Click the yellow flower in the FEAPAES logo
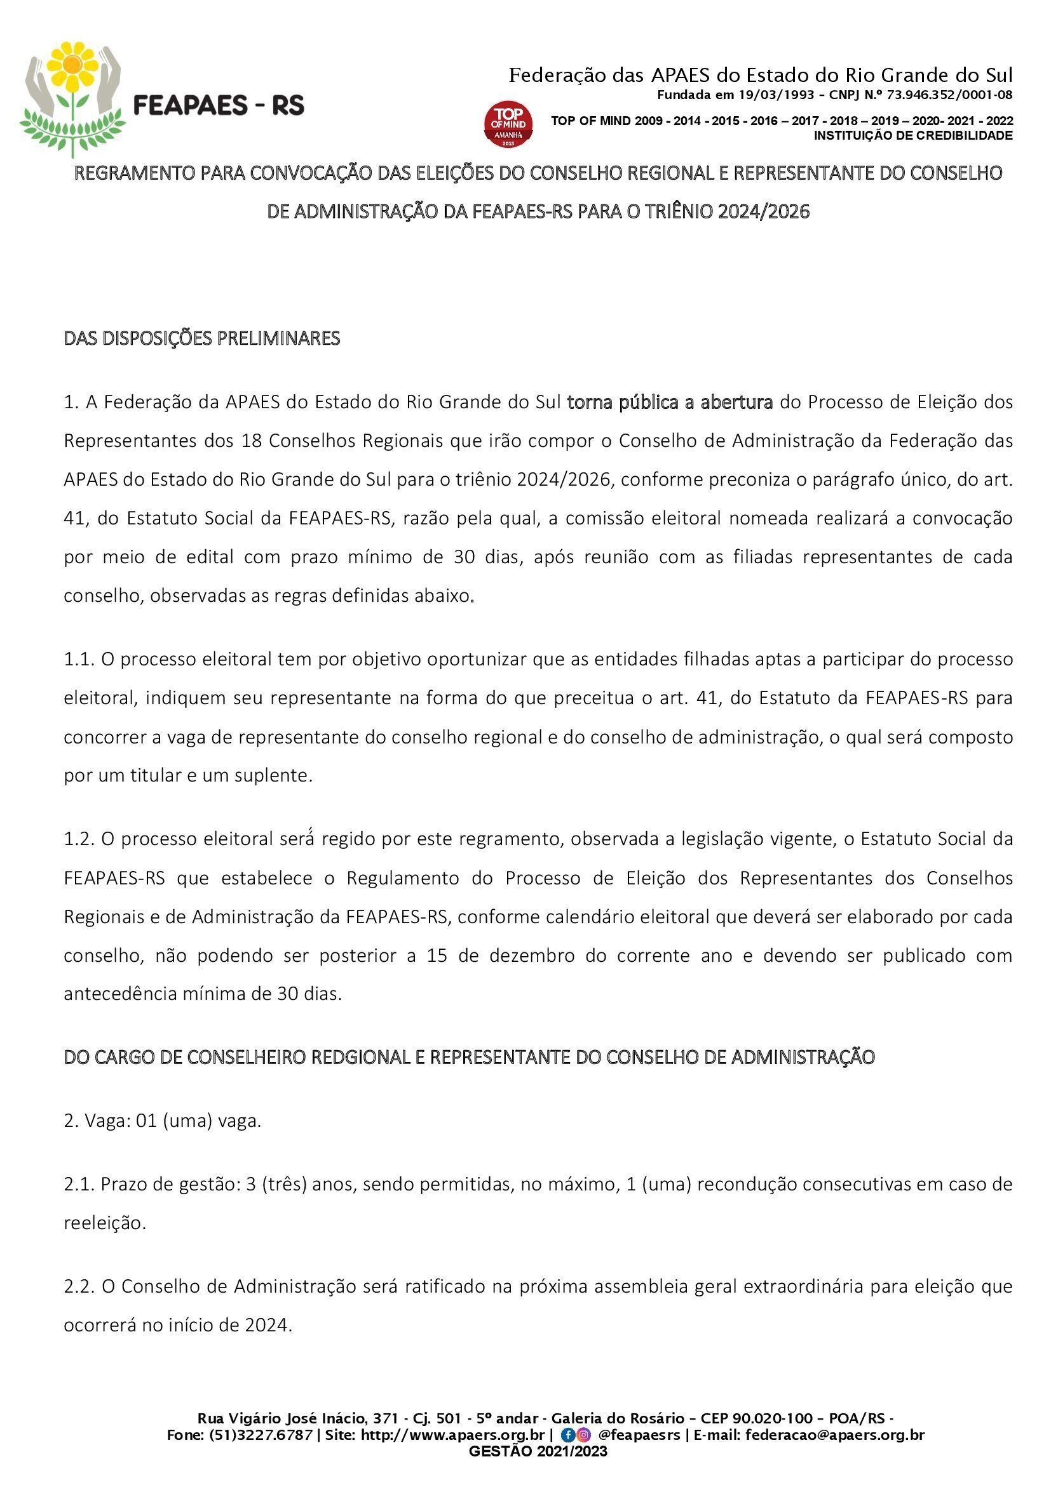[x=72, y=66]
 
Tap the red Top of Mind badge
[x=509, y=124]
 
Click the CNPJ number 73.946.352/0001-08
[x=949, y=95]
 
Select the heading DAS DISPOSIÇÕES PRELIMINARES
[x=202, y=338]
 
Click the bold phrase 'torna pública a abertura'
[x=670, y=403]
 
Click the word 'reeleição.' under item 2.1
[x=105, y=1223]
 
